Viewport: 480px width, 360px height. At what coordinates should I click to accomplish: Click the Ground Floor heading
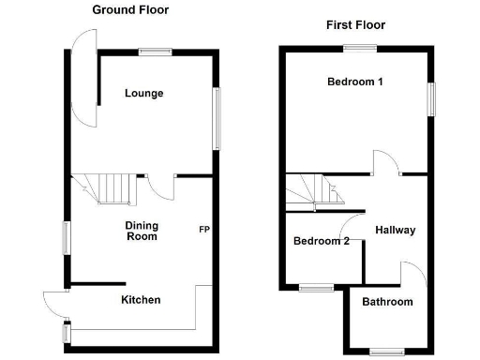click(x=130, y=9)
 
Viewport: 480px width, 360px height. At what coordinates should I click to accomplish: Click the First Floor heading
click(x=355, y=25)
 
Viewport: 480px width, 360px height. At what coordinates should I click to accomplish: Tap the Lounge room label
click(x=144, y=93)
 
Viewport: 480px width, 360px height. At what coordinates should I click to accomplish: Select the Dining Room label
click(x=142, y=231)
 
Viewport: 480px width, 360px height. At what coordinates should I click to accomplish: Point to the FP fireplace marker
click(x=203, y=229)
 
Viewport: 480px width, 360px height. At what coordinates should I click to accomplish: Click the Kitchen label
click(x=141, y=300)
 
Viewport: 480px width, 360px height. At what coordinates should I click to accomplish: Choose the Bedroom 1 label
click(x=355, y=82)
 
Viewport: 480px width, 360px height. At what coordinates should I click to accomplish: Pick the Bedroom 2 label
click(x=321, y=241)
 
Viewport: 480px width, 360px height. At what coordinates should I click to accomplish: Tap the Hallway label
click(x=395, y=230)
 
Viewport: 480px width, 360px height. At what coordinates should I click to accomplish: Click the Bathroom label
click(x=388, y=302)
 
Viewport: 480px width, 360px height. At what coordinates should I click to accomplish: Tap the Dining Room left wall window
click(x=65, y=236)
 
